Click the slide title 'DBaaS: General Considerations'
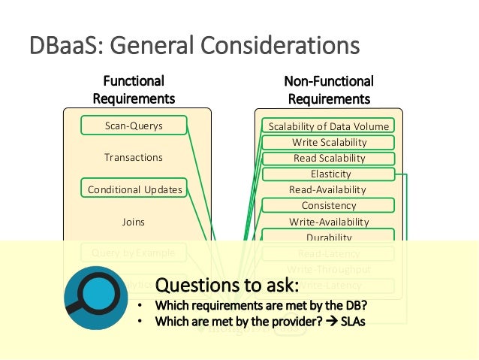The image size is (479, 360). [x=194, y=47]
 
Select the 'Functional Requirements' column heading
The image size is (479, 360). [x=134, y=89]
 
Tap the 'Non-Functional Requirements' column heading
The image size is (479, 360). [x=329, y=89]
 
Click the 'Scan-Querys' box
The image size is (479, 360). [x=134, y=126]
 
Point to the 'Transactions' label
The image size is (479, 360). [x=134, y=158]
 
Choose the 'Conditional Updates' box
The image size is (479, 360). [x=134, y=189]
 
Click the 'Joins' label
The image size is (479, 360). [x=134, y=222]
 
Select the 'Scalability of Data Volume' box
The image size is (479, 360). [x=329, y=126]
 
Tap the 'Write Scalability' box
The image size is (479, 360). [x=329, y=142]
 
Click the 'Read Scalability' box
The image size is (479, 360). [x=329, y=159]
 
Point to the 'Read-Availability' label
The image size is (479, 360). [x=329, y=190]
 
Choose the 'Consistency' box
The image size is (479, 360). [x=329, y=206]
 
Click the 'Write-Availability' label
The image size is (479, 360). [x=329, y=222]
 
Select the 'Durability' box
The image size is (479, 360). [x=329, y=237]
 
